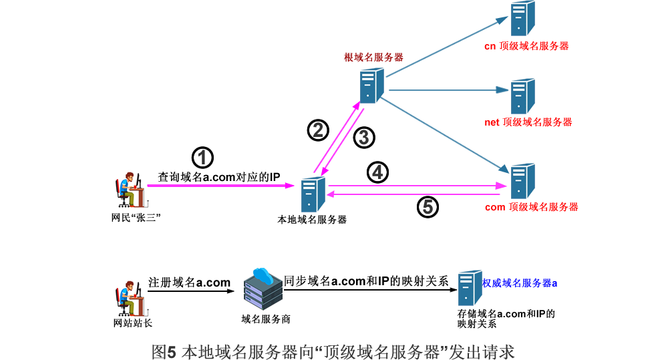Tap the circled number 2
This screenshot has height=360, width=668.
point(318,130)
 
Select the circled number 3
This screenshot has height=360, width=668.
point(364,138)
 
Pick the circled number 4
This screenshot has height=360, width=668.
point(377,173)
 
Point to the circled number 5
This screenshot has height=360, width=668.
point(428,207)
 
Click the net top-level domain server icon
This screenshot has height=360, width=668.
point(522,96)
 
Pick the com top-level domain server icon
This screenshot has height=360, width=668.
point(522,180)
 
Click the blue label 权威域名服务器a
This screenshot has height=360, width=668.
point(520,283)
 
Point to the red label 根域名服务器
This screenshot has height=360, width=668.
point(373,57)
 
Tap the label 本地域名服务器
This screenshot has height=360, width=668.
point(312,219)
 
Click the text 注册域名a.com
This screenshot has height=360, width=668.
point(189,282)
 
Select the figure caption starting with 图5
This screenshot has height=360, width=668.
point(333,350)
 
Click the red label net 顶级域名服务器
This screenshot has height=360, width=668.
point(528,122)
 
